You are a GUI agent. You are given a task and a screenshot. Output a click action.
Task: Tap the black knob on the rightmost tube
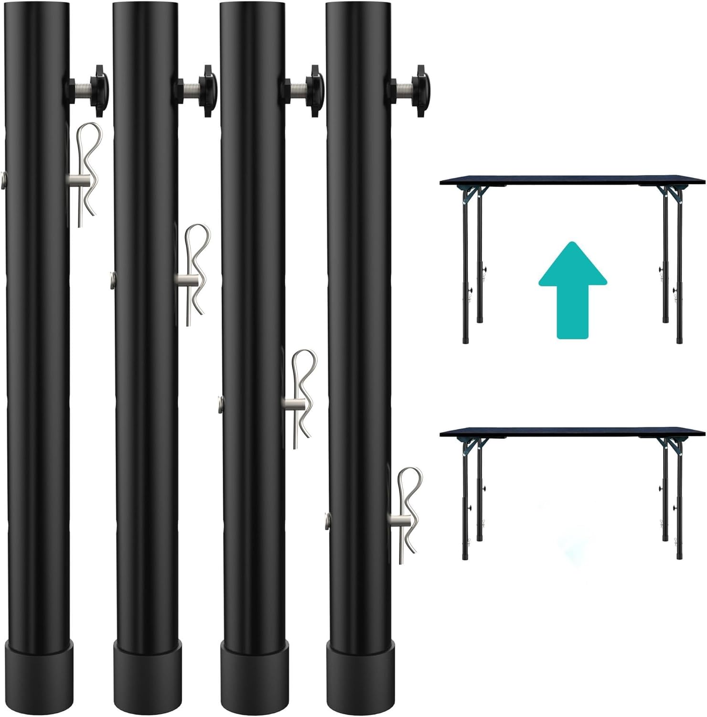[x=420, y=90]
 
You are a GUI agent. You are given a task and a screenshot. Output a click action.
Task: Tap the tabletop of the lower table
[x=572, y=432]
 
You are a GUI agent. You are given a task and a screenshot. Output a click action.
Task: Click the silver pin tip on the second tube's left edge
[x=112, y=277]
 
